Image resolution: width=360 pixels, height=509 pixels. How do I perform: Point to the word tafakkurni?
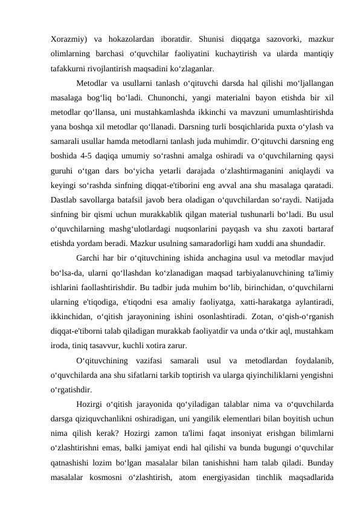tap(67, 68)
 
